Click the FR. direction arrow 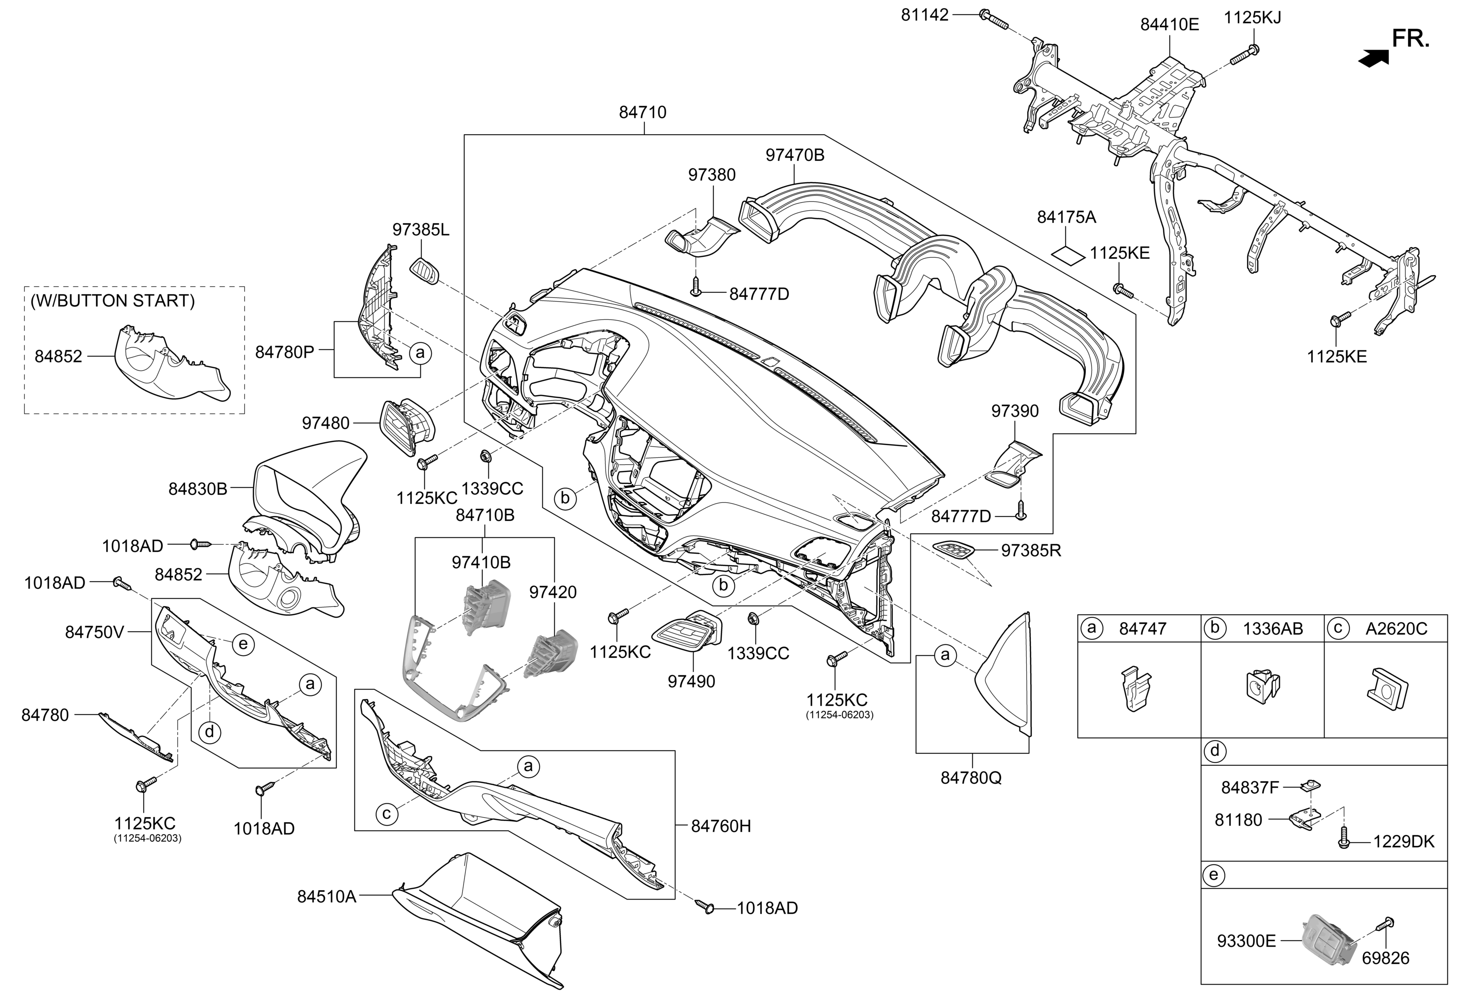pyautogui.click(x=1373, y=58)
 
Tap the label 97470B pyautogui.click(x=795, y=155)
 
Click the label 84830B pyautogui.click(x=198, y=489)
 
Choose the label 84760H pyautogui.click(x=721, y=826)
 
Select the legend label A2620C pyautogui.click(x=1396, y=629)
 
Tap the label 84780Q pyautogui.click(x=971, y=778)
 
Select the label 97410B pyautogui.click(x=481, y=562)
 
